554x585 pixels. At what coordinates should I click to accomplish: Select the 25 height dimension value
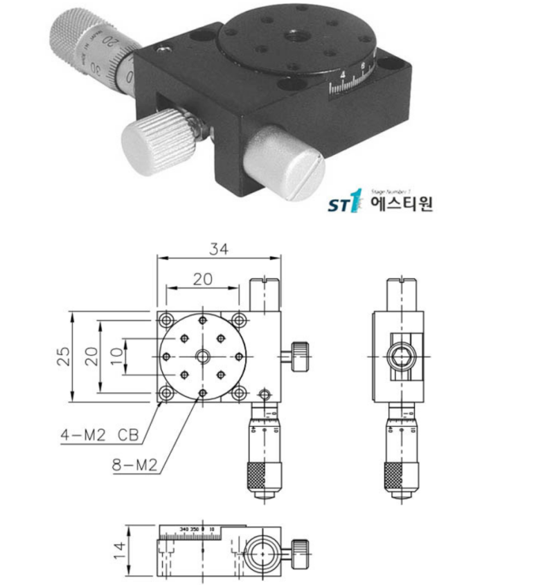point(64,355)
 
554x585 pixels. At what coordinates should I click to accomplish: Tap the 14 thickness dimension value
point(120,550)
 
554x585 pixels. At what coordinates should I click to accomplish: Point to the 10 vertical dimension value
point(116,356)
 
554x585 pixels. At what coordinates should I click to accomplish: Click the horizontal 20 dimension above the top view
point(202,279)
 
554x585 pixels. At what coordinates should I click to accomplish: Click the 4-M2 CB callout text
point(100,436)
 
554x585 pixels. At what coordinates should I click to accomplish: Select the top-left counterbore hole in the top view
point(166,319)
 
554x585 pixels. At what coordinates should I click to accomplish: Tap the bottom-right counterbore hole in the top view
point(238,393)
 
